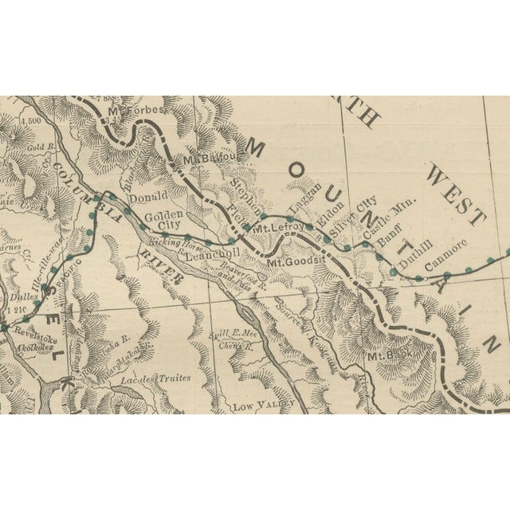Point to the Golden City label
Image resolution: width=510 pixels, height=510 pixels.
tap(164, 221)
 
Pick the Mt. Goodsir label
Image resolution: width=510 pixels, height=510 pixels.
tap(296, 261)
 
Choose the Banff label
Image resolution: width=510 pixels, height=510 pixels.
tap(389, 237)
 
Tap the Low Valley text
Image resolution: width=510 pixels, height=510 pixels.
tap(255, 406)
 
